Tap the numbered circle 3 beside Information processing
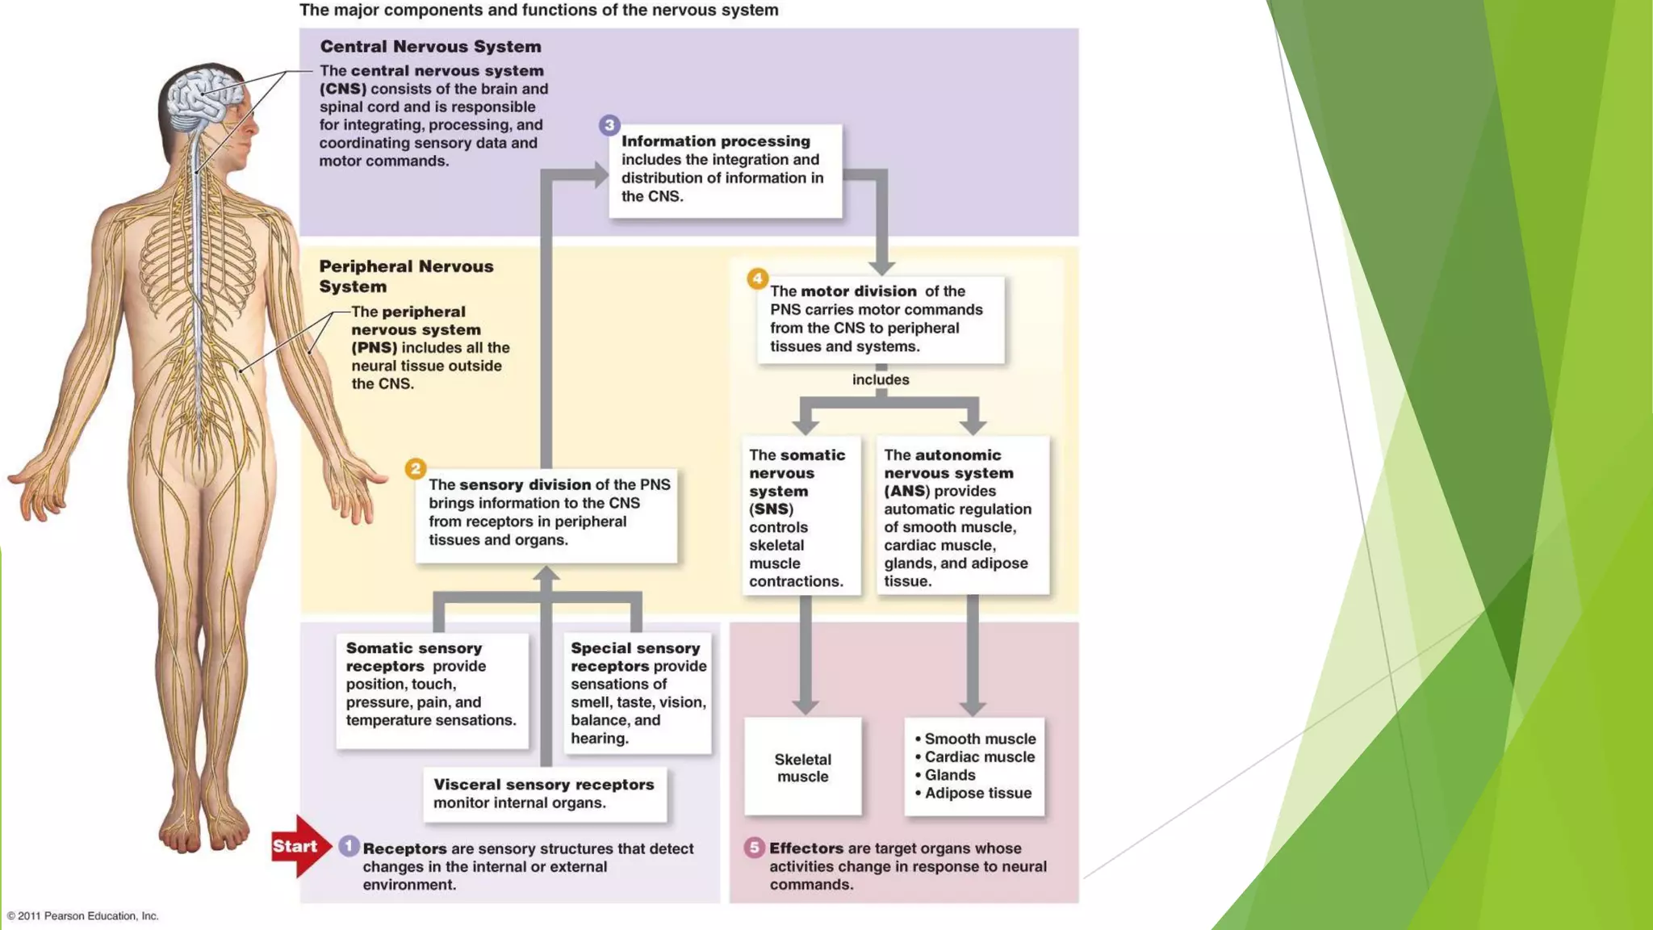(609, 125)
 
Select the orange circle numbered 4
(756, 279)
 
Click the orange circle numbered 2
(415, 469)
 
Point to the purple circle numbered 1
(349, 846)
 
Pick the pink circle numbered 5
(754, 847)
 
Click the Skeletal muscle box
(802, 767)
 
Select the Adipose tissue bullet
(977, 793)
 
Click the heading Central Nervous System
(430, 47)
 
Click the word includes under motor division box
(881, 379)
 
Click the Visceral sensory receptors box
(545, 794)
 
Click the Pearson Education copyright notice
(83, 915)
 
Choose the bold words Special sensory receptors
(634, 656)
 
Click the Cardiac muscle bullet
(978, 756)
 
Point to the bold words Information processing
(715, 141)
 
